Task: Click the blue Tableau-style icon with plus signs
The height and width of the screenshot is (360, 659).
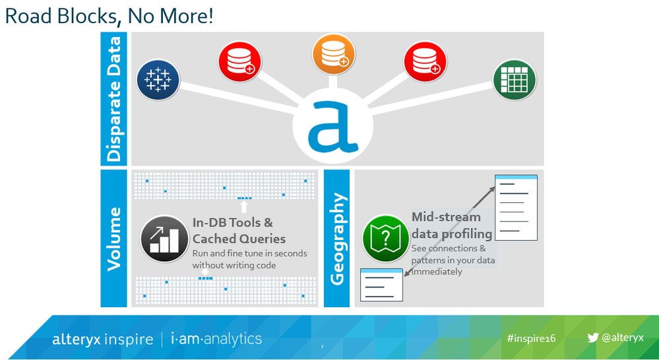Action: [158, 79]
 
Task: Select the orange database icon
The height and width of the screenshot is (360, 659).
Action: [334, 54]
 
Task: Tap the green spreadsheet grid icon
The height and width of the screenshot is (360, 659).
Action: [515, 79]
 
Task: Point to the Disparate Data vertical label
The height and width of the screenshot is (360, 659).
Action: [113, 99]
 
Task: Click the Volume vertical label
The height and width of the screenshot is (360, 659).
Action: [113, 239]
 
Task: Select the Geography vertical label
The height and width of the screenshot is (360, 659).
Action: [337, 238]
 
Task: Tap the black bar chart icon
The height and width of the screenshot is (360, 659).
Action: [164, 239]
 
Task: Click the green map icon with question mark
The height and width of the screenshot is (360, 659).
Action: [386, 239]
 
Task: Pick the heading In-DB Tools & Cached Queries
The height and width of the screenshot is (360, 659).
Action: [239, 231]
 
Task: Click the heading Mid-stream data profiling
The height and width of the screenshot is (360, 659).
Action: [452, 225]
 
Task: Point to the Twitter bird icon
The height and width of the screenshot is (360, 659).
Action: [593, 338]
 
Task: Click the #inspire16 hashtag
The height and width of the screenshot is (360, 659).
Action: [531, 339]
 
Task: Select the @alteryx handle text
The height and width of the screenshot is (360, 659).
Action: [623, 338]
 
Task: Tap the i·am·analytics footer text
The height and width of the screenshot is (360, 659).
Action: [216, 339]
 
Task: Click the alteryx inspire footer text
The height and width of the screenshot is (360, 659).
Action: [102, 340]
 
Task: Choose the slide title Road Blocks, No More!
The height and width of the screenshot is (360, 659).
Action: [109, 16]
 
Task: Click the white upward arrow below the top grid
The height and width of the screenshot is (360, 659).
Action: [244, 206]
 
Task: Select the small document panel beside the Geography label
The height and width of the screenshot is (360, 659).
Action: [382, 285]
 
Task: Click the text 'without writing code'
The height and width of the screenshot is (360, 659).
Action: [234, 266]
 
